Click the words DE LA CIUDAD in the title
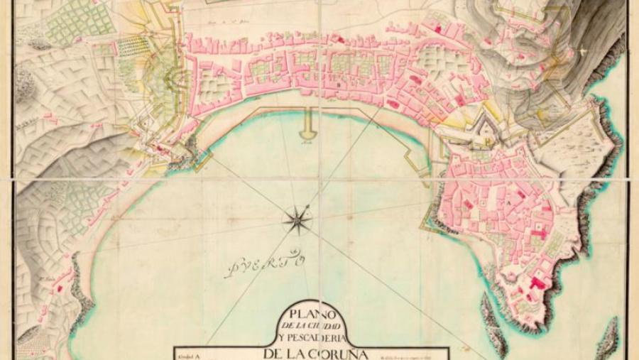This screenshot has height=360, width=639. coord(307,324)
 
